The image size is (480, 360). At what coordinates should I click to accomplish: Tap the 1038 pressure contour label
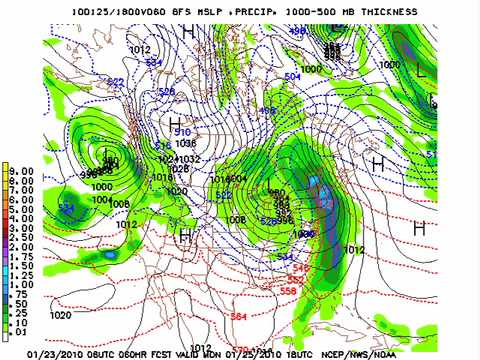[186, 143]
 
